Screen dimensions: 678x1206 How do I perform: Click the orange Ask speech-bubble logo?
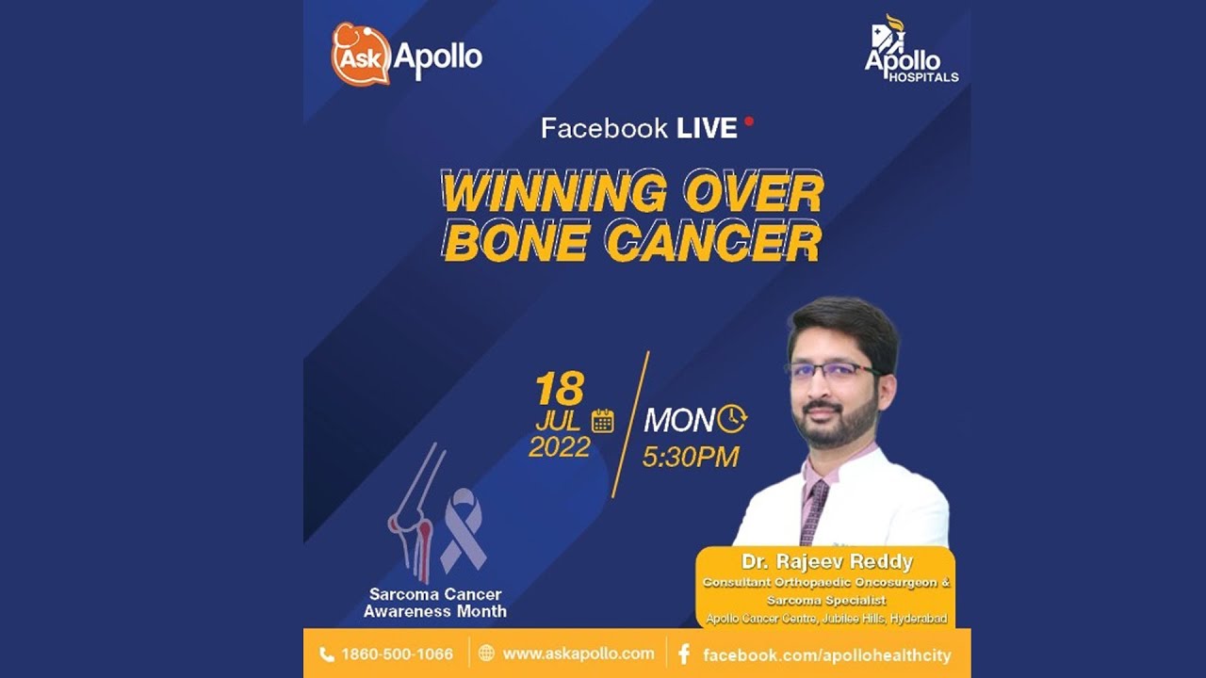coord(360,55)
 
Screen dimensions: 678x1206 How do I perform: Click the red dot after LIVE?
coord(749,121)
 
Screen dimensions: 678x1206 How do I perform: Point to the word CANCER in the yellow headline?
coord(713,242)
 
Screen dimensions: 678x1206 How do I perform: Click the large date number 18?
coord(560,389)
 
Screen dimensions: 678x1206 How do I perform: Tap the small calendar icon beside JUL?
coord(602,421)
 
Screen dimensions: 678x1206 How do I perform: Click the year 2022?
coord(559,446)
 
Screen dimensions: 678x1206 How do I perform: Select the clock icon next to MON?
coord(732,418)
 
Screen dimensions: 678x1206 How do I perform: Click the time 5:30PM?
coord(691,458)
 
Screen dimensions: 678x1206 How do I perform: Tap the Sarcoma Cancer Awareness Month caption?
coord(435,603)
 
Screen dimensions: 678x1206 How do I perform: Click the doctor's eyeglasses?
coord(834,370)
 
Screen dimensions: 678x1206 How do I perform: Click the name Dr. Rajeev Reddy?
coord(827,562)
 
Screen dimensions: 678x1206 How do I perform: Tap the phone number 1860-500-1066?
coord(397,654)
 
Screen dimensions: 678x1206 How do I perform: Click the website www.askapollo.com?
coord(578,654)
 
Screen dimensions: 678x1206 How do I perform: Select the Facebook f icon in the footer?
coord(684,654)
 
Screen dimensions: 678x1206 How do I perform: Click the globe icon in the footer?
coord(486,654)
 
